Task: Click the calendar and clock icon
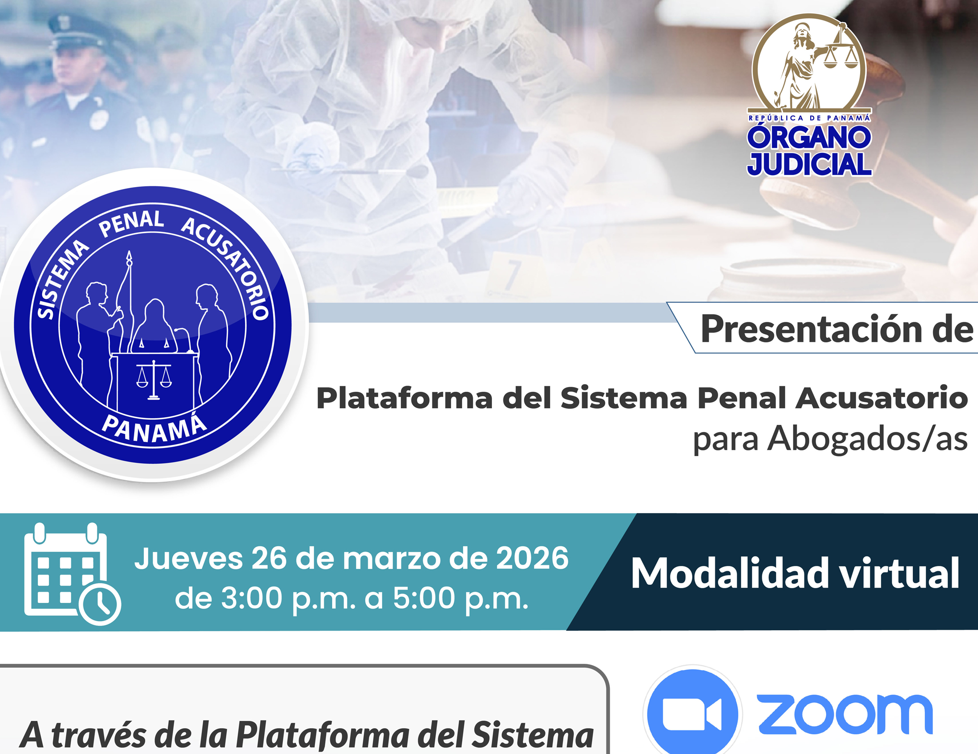click(72, 574)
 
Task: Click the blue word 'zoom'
click(845, 714)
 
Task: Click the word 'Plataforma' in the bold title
click(405, 398)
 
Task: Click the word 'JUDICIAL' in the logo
click(809, 164)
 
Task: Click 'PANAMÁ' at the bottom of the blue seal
click(154, 429)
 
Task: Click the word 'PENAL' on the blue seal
click(131, 224)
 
